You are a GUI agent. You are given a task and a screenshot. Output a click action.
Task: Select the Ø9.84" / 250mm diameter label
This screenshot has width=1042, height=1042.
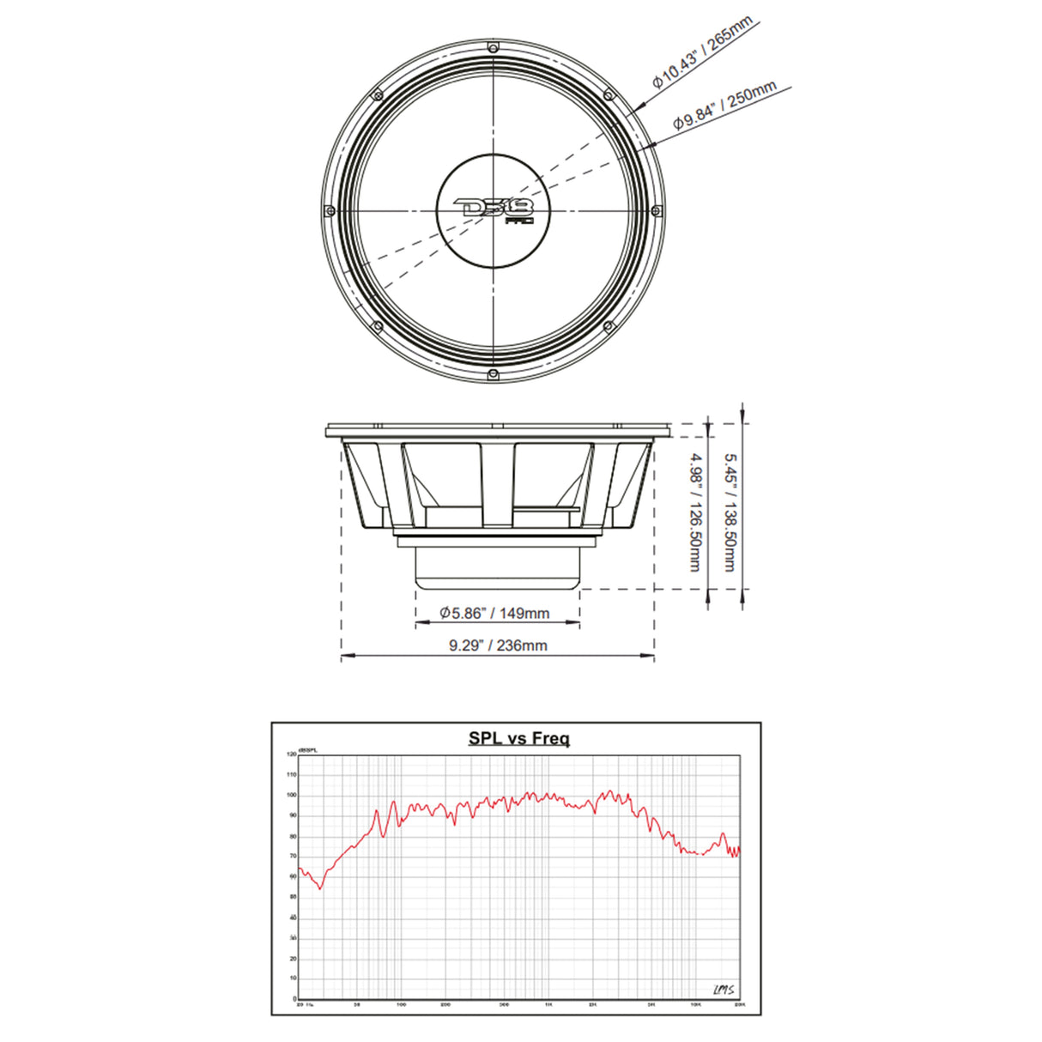(x=724, y=105)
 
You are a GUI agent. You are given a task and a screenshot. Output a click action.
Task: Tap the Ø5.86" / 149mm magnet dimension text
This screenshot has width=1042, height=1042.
(x=494, y=613)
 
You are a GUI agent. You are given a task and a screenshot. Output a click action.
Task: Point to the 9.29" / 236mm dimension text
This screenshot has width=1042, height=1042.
(x=497, y=645)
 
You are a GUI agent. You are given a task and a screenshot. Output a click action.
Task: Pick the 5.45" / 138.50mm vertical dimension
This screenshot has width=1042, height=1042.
(x=729, y=512)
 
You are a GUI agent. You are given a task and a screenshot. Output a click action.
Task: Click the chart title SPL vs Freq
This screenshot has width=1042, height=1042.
(x=518, y=737)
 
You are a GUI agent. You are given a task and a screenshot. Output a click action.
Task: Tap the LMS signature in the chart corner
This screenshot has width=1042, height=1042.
(x=723, y=991)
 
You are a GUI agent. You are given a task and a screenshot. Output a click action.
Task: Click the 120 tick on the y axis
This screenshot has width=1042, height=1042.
(x=292, y=754)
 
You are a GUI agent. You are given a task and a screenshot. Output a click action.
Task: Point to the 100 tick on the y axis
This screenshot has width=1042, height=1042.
(x=292, y=796)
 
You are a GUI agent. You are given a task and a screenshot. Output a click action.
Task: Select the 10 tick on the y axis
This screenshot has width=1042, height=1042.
(x=293, y=978)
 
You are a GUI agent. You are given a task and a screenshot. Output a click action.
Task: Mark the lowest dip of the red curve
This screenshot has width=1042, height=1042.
(x=321, y=888)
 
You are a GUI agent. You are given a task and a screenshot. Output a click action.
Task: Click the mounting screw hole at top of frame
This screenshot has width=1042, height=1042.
(x=494, y=45)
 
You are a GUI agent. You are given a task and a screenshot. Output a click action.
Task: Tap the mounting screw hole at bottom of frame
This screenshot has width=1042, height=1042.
(x=494, y=374)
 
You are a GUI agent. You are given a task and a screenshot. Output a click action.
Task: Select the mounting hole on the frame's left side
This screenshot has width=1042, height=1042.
(x=329, y=210)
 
